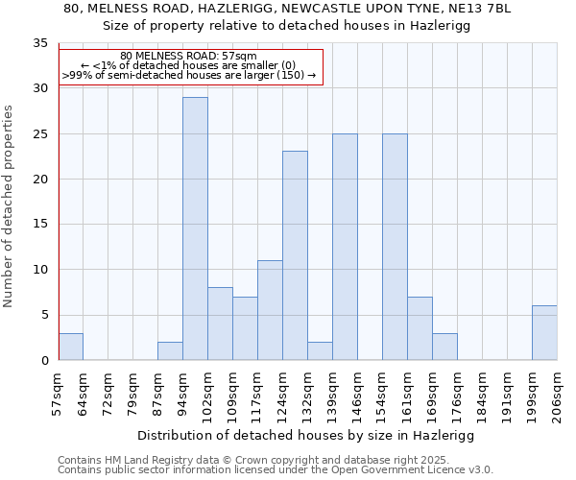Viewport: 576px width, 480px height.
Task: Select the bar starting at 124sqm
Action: tap(295, 255)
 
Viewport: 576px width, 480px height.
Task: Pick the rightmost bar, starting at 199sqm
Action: tap(544, 332)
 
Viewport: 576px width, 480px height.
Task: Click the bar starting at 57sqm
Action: tap(71, 347)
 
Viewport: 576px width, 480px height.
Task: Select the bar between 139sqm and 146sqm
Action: tap(345, 247)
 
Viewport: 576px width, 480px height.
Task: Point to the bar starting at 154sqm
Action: tap(395, 247)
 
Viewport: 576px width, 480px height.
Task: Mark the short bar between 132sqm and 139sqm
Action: tap(320, 350)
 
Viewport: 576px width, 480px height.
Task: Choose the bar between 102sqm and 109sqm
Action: tap(220, 324)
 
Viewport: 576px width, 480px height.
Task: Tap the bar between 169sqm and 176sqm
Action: tap(444, 347)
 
